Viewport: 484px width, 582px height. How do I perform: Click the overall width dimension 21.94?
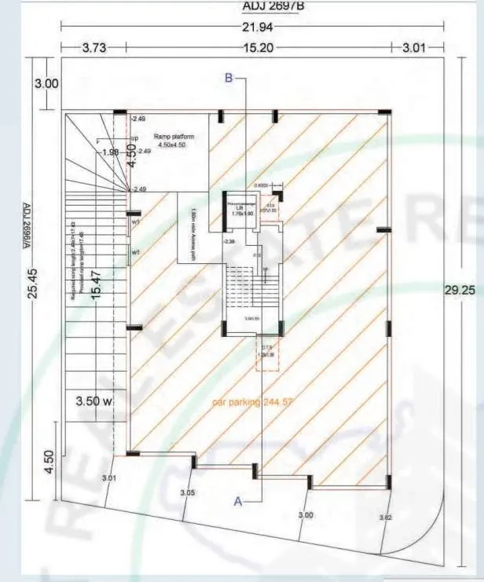coord(253,27)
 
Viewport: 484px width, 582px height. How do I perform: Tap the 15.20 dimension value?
coord(253,48)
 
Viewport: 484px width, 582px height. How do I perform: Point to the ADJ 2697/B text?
coord(253,7)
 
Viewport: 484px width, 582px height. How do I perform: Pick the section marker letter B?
coord(229,78)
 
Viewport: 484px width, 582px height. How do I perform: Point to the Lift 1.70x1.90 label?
coord(241,208)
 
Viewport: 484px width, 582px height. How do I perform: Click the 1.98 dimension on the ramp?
coord(110,152)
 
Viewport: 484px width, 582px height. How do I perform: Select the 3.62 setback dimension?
coord(385,518)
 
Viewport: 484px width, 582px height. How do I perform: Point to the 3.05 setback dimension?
coord(187,493)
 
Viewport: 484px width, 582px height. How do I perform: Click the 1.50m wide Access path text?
coord(193,227)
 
